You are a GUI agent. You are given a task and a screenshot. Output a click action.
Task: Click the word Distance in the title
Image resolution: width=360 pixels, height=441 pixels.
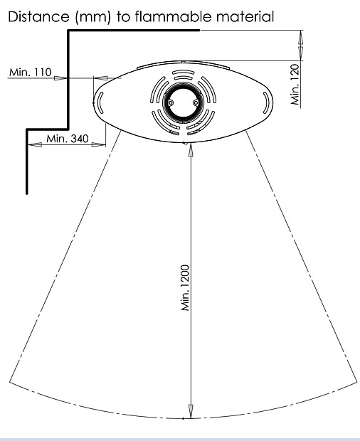pyautogui.click(x=38, y=16)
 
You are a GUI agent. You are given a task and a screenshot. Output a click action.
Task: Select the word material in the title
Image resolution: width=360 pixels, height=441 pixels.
pyautogui.click(x=245, y=16)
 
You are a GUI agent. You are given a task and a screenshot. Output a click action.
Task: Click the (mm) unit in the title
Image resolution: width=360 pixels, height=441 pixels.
pyautogui.click(x=92, y=17)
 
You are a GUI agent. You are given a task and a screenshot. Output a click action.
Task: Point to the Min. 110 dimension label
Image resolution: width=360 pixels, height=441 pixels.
pyautogui.click(x=31, y=73)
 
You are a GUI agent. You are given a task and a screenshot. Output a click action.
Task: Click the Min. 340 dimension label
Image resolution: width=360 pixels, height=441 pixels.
pyautogui.click(x=68, y=139)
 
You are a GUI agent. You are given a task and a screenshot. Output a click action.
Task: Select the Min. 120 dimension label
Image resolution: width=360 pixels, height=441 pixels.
pyautogui.click(x=295, y=85)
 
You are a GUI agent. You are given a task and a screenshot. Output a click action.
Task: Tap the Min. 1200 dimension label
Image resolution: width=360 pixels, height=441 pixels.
pyautogui.click(x=186, y=288)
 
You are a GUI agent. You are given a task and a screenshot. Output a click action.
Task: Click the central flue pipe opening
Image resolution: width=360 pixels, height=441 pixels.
pyautogui.click(x=183, y=103)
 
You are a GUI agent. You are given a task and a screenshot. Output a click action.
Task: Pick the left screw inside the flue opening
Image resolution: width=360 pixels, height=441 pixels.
pyautogui.click(x=170, y=103)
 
